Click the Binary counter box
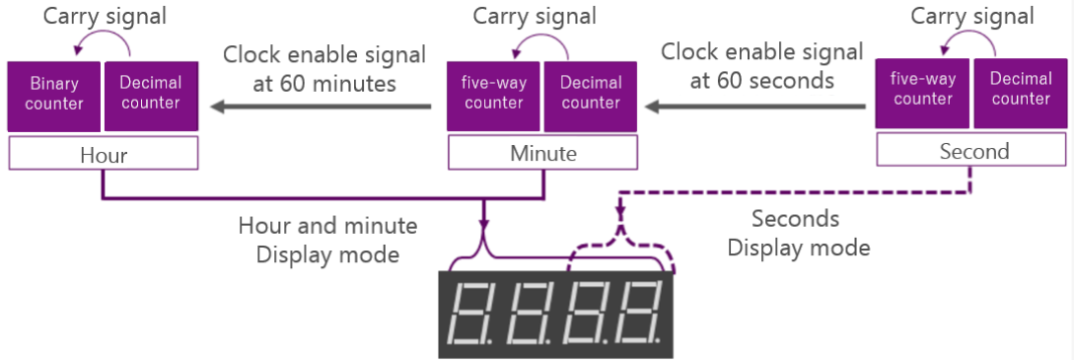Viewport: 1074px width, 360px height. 53,94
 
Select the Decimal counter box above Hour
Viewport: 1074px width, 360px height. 151,94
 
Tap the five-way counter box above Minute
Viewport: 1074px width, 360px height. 493,94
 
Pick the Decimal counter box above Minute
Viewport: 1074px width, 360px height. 591,94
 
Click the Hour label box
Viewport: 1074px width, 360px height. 104,155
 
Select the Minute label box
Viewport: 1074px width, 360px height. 543,154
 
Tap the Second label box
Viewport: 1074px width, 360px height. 971,150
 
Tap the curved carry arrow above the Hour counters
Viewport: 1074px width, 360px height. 103,44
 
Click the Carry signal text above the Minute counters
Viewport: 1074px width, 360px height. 535,16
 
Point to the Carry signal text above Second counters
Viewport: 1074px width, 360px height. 971,16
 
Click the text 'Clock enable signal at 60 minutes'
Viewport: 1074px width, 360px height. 324,68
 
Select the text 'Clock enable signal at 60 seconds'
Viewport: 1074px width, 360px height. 761,65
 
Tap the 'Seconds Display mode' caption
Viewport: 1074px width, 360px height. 799,233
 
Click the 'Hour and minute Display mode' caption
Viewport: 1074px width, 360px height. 327,240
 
